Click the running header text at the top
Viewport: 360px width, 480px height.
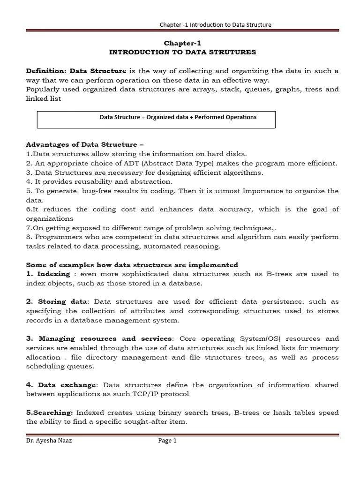tap(215, 24)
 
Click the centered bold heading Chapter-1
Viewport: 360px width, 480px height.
tap(182, 43)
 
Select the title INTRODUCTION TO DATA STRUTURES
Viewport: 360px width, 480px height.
tap(182, 52)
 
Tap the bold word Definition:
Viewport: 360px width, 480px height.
tap(46, 71)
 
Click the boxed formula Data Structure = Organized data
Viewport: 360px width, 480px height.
tap(178, 117)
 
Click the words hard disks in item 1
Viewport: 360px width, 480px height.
tap(230, 154)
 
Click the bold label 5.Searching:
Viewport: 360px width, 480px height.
tap(49, 412)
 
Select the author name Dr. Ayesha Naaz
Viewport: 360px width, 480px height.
tap(49, 441)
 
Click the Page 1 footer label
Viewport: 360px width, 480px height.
tap(167, 441)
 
